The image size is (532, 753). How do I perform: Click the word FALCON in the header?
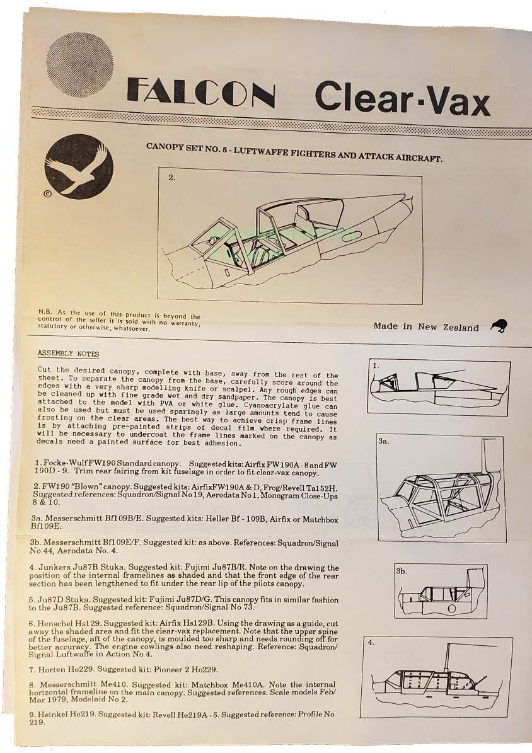click(x=200, y=94)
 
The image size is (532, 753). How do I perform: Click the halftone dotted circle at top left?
click(x=80, y=64)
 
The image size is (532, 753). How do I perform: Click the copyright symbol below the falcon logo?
click(x=47, y=194)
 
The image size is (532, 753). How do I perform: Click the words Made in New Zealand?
click(x=426, y=327)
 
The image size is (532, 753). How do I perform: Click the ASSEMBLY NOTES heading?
click(x=68, y=354)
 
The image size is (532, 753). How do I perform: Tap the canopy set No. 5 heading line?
click(x=294, y=152)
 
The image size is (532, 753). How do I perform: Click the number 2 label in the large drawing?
click(x=171, y=178)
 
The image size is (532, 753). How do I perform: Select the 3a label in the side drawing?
click(x=383, y=441)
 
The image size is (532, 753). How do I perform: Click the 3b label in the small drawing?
click(x=402, y=571)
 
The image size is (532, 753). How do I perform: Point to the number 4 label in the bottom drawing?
click(x=371, y=642)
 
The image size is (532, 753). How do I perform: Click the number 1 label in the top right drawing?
click(x=376, y=365)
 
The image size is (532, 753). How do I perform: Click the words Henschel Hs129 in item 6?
click(x=67, y=623)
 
